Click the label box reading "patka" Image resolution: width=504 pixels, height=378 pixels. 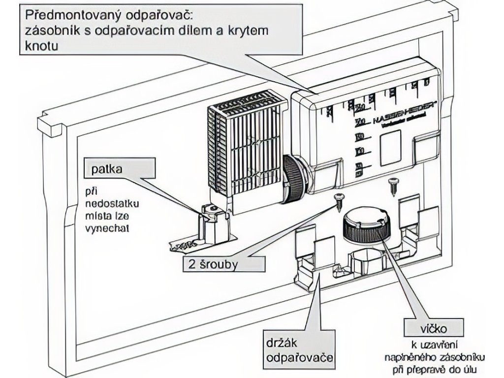point(107,170)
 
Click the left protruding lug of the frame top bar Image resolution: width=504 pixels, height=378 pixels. point(53,125)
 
